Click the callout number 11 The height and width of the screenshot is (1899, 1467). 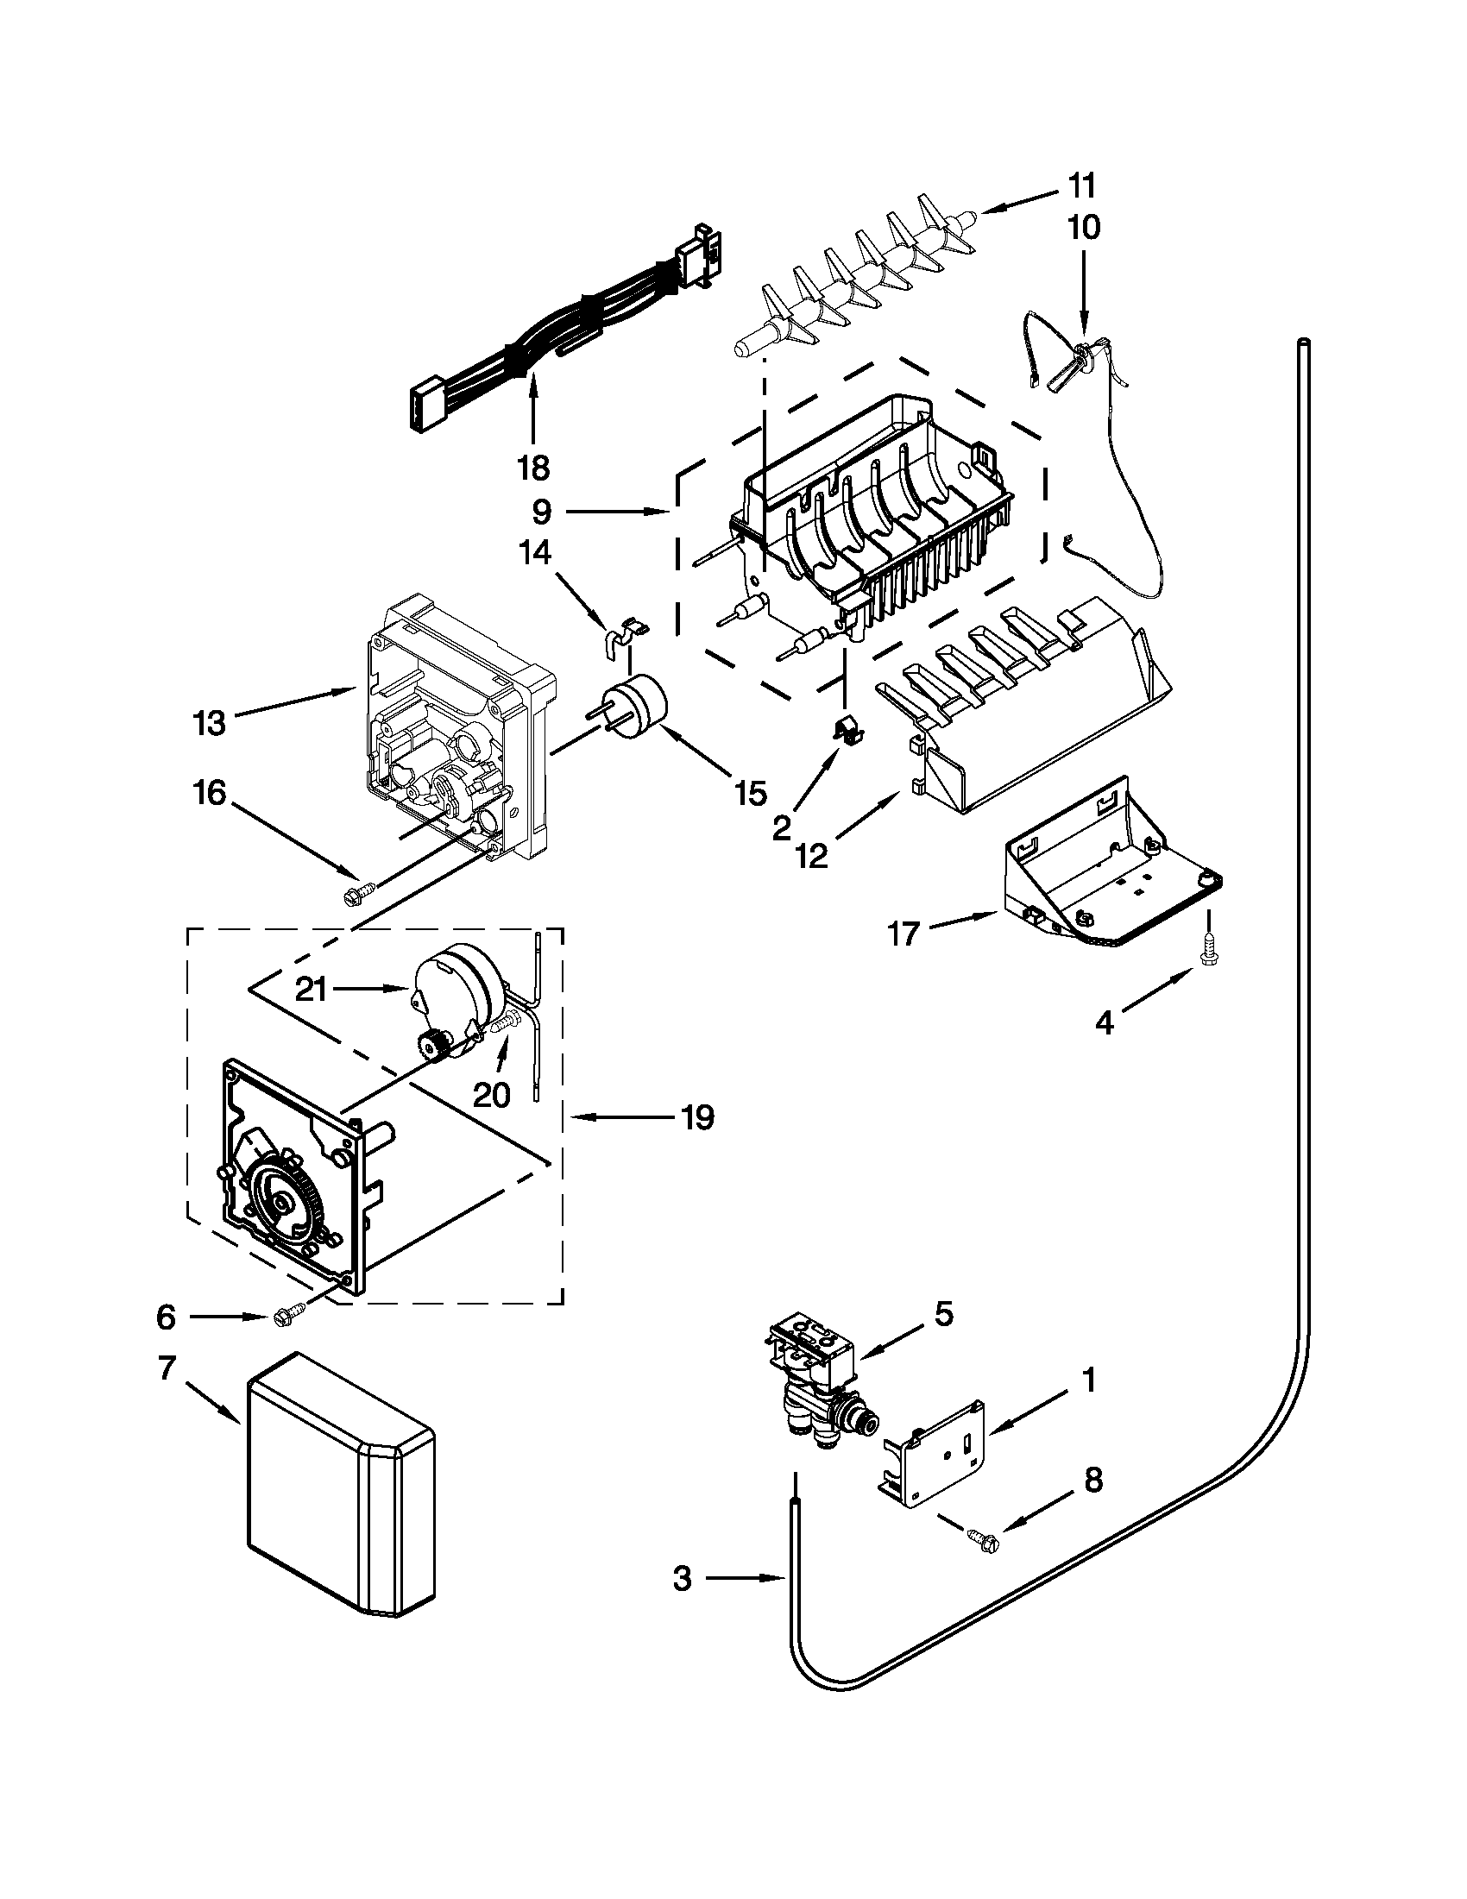click(x=1082, y=186)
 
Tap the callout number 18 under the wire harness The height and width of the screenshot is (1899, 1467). click(x=533, y=468)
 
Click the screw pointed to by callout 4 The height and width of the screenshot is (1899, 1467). click(x=1207, y=948)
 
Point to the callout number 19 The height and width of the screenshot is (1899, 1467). click(x=696, y=1116)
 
